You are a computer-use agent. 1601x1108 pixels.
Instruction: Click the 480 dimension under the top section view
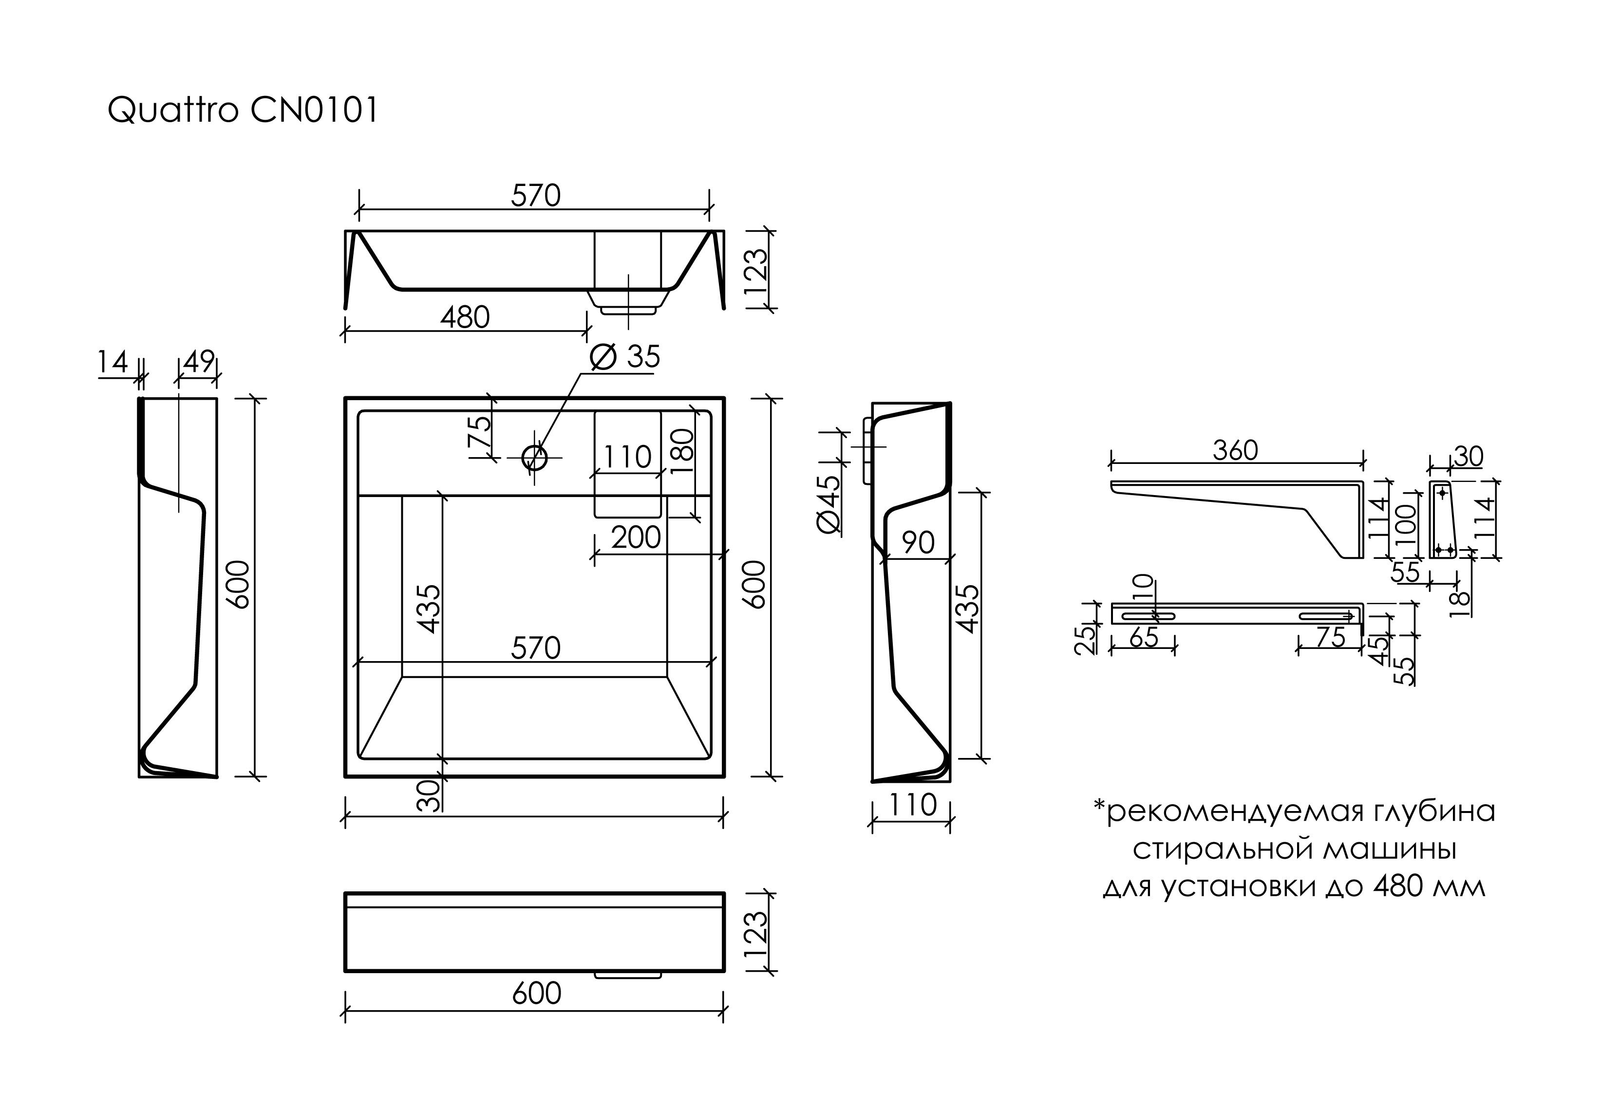click(x=465, y=318)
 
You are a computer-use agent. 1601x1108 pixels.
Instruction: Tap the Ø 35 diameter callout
click(x=624, y=357)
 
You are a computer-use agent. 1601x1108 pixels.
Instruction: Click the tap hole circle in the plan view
click(x=534, y=458)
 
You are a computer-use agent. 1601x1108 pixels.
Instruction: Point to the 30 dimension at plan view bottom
click(x=429, y=795)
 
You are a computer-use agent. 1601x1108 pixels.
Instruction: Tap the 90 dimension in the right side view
click(x=918, y=543)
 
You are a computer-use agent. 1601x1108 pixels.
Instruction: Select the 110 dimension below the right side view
click(x=911, y=805)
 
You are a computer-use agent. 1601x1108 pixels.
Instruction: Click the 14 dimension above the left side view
click(x=113, y=362)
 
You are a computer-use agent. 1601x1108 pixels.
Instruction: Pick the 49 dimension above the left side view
click(x=199, y=362)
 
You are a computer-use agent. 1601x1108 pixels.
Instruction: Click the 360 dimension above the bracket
click(x=1236, y=451)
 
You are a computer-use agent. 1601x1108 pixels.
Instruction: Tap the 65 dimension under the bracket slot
click(x=1143, y=637)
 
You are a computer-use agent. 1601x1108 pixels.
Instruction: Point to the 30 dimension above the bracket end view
click(x=1469, y=457)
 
